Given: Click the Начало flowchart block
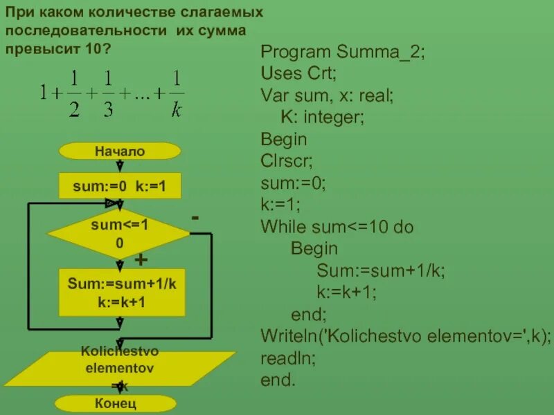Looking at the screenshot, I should pyautogui.click(x=120, y=151).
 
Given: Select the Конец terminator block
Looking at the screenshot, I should pyautogui.click(x=116, y=403).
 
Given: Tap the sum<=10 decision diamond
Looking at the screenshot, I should pyautogui.click(x=119, y=234).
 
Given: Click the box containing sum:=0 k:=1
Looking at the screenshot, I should pyautogui.click(x=120, y=186).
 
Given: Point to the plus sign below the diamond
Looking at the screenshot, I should pyautogui.click(x=141, y=260).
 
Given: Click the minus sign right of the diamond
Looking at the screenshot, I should pyautogui.click(x=196, y=218).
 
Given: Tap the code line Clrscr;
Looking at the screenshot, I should pyautogui.click(x=287, y=161).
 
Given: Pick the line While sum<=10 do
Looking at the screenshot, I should pyautogui.click(x=337, y=227).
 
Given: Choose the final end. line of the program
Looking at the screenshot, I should pyautogui.click(x=278, y=380).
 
